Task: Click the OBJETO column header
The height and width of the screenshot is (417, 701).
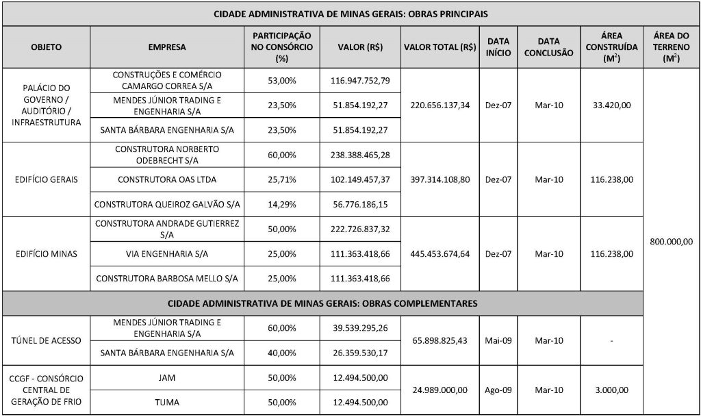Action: pos(47,47)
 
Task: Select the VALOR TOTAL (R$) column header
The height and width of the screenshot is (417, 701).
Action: pos(440,47)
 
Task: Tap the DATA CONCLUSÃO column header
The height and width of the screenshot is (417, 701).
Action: pos(548,47)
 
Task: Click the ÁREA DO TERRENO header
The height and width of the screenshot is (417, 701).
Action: pos(672,47)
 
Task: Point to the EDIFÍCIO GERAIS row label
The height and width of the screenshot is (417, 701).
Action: pos(47,179)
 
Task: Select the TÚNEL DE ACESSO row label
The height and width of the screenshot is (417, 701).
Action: pos(47,340)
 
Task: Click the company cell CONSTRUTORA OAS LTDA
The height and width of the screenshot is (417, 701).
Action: pos(167,179)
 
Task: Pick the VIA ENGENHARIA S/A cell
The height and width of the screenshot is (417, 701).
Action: pos(167,254)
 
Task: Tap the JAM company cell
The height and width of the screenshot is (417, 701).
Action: pos(167,378)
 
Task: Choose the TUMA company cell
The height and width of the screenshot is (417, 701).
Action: pos(167,402)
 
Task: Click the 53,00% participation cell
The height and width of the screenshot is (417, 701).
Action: pos(281,80)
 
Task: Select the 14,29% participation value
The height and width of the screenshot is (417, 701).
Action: pos(281,205)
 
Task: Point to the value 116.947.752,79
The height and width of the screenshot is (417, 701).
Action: pos(360,80)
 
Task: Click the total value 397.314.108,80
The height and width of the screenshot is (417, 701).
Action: pos(440,179)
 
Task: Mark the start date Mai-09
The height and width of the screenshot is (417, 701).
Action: pos(498,340)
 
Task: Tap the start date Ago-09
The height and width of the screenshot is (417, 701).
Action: pos(498,390)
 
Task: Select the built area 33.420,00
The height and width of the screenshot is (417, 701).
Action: pos(611,105)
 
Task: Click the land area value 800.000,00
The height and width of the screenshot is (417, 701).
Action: pos(672,242)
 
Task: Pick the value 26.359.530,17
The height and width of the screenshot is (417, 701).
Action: pos(360,353)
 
